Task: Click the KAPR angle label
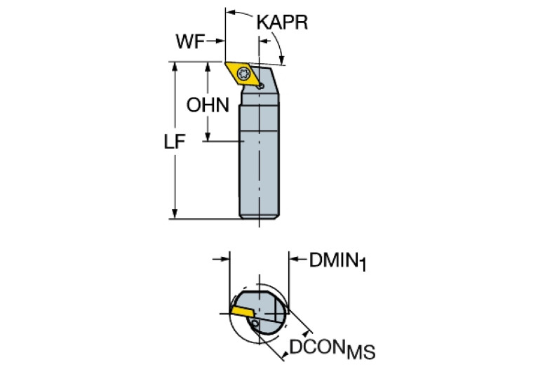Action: (x=282, y=22)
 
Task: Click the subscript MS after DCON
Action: (x=359, y=351)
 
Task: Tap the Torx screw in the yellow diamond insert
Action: (x=243, y=72)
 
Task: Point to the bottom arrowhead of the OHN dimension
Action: (x=208, y=137)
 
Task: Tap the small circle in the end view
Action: (x=255, y=324)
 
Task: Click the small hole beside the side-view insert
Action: (x=260, y=85)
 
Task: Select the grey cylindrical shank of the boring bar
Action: (x=260, y=161)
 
